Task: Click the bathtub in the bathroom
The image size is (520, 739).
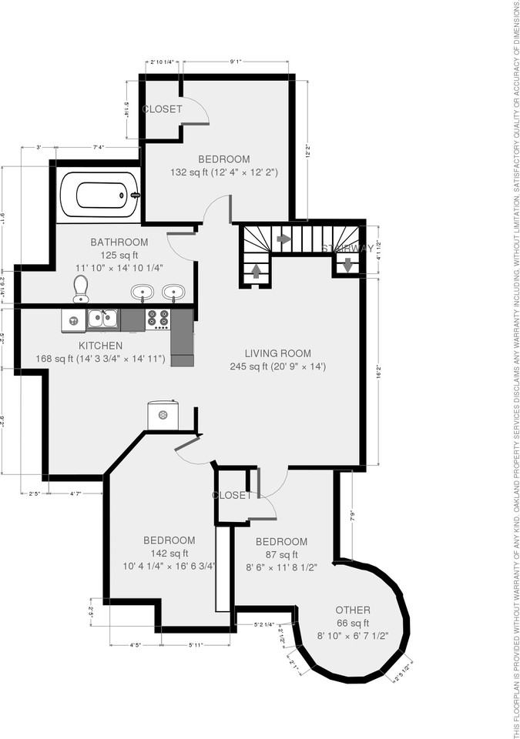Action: pyautogui.click(x=98, y=196)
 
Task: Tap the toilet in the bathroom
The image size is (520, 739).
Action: pyautogui.click(x=81, y=289)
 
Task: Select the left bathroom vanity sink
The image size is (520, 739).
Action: pyautogui.click(x=142, y=292)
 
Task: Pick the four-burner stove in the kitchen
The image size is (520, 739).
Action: pyautogui.click(x=158, y=319)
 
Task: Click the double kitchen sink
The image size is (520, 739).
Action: pyautogui.click(x=102, y=319)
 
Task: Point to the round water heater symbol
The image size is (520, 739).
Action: pyautogui.click(x=163, y=415)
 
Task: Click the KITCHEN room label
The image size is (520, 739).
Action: pyautogui.click(x=101, y=346)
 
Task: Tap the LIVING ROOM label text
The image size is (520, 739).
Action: pyautogui.click(x=278, y=353)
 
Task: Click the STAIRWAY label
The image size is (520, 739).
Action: pyautogui.click(x=347, y=249)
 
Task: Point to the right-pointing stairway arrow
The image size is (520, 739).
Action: pyautogui.click(x=283, y=239)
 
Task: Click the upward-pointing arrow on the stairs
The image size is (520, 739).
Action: pyautogui.click(x=256, y=272)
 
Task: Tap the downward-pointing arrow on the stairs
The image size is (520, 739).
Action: pyautogui.click(x=347, y=265)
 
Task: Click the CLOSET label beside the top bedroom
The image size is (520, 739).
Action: pyautogui.click(x=163, y=109)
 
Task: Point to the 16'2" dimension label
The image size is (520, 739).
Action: pyautogui.click(x=377, y=371)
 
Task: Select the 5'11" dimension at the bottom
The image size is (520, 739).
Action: pyautogui.click(x=196, y=644)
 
